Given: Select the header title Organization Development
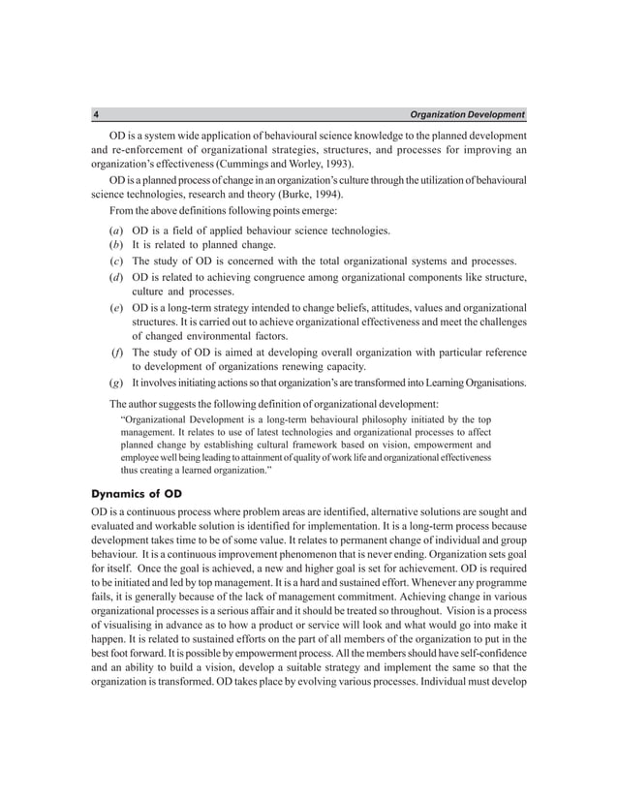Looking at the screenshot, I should point(467,114).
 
